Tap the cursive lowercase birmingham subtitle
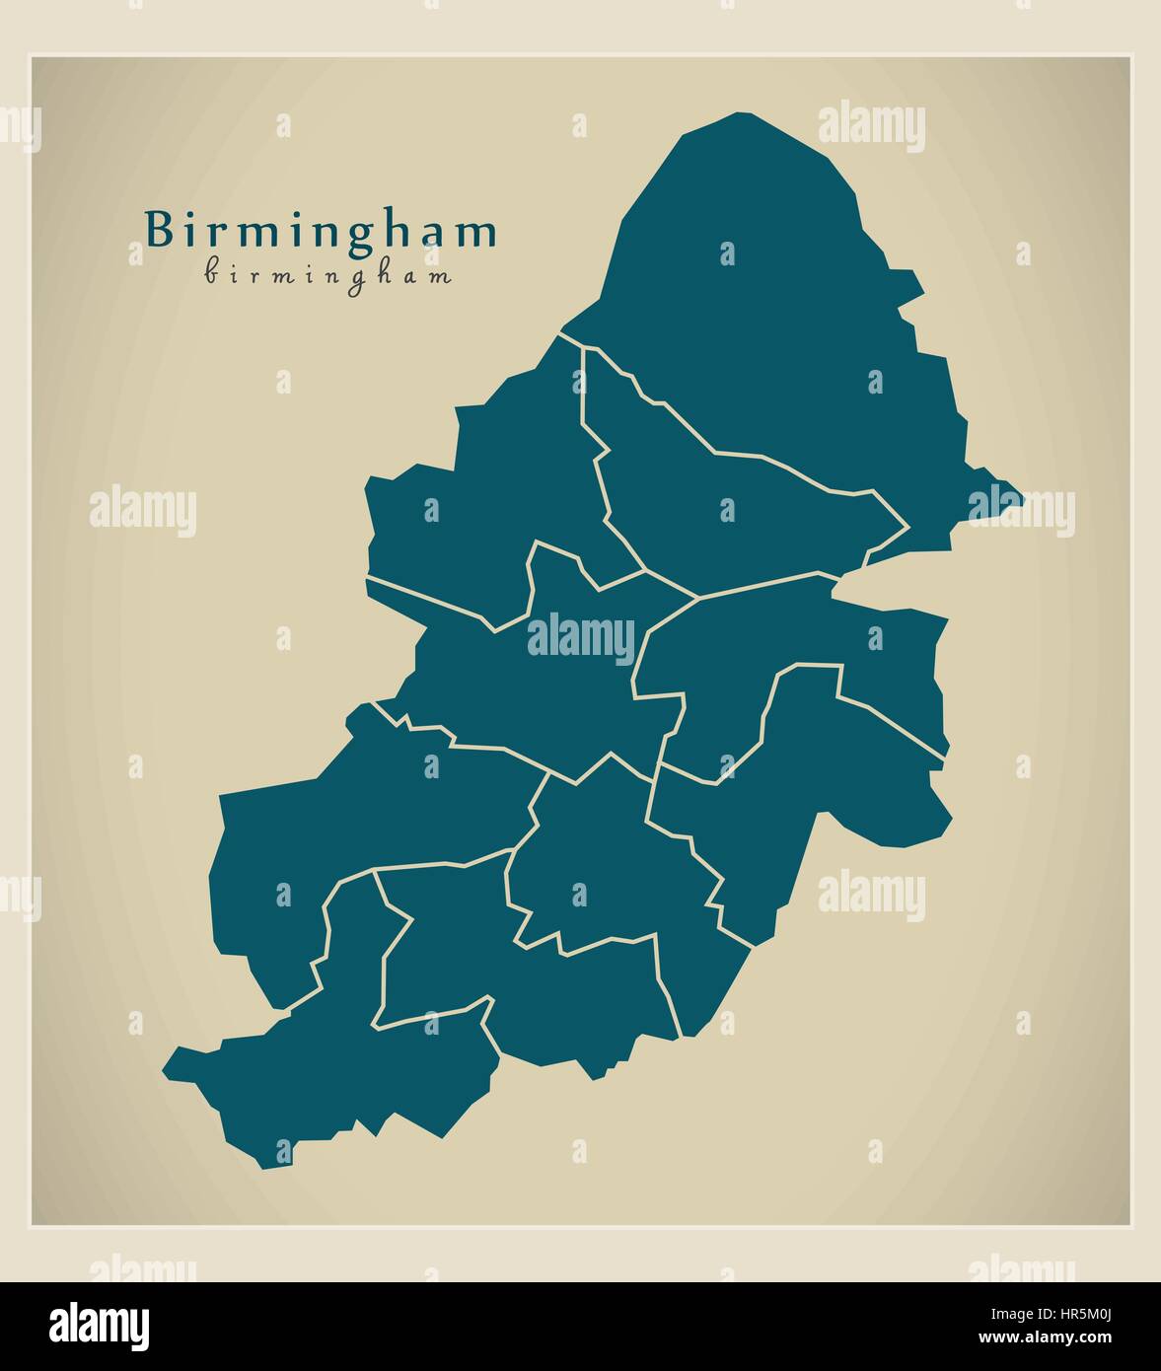point(328,275)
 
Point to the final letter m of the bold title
point(479,233)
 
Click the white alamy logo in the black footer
point(100,1326)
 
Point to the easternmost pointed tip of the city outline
point(1022,499)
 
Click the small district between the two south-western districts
point(444,947)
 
